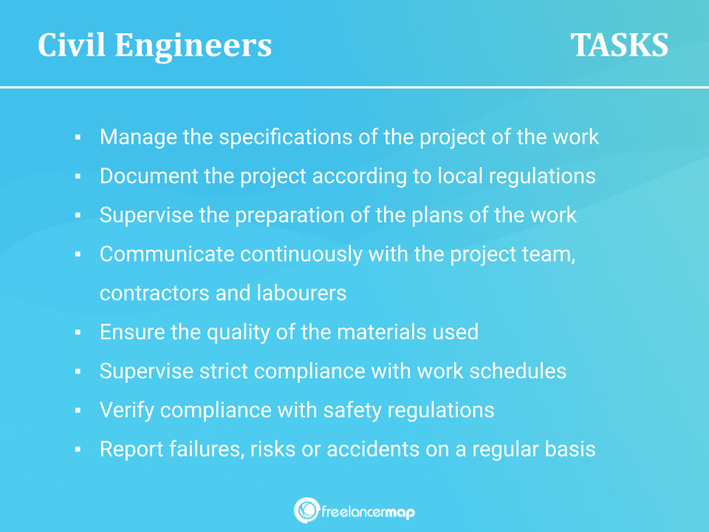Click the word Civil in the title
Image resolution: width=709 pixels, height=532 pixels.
72,45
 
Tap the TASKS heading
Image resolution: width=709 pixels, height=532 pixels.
619,45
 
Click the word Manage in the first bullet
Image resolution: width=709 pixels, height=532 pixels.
138,137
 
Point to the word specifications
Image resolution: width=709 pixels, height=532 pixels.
286,137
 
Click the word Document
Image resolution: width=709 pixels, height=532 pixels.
148,176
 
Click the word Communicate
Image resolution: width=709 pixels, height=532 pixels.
167,253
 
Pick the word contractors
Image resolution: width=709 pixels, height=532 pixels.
154,293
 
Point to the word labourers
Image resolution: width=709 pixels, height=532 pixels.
301,293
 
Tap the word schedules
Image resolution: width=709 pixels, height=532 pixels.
518,371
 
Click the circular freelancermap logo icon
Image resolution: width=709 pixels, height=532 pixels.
307,511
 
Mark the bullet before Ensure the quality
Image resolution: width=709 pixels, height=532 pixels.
78,332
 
